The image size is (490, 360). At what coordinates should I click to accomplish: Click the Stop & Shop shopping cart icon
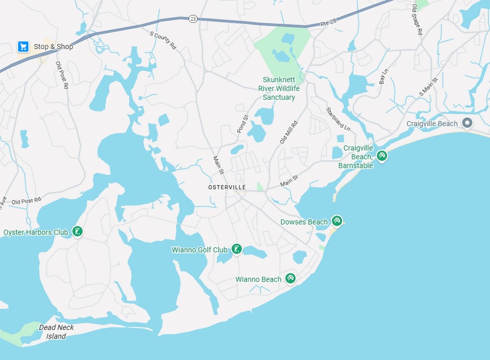tap(23, 47)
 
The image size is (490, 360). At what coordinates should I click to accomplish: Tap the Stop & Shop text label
tap(53, 47)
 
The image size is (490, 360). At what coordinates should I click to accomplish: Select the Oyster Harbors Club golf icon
tap(77, 231)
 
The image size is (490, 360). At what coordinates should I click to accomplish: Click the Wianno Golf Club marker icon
tap(236, 249)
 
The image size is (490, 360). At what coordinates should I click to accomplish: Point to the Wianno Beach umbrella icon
tap(291, 279)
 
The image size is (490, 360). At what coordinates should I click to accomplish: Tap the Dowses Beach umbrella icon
tap(336, 221)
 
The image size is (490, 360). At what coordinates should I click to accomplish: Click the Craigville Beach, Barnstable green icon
tap(382, 156)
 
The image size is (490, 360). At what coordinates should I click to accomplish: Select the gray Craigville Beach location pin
tap(467, 123)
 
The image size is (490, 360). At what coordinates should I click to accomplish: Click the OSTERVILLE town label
tap(227, 187)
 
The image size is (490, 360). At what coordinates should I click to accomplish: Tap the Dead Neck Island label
tap(56, 332)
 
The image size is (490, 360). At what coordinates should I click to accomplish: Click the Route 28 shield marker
tap(193, 18)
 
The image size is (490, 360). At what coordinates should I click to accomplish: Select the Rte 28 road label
tap(329, 23)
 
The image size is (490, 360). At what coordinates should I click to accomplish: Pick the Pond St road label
tap(242, 124)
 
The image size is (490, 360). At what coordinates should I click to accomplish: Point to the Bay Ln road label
tap(384, 77)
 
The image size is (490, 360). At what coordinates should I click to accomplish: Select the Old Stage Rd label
tap(417, 19)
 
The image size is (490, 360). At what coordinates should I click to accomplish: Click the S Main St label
tap(429, 87)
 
